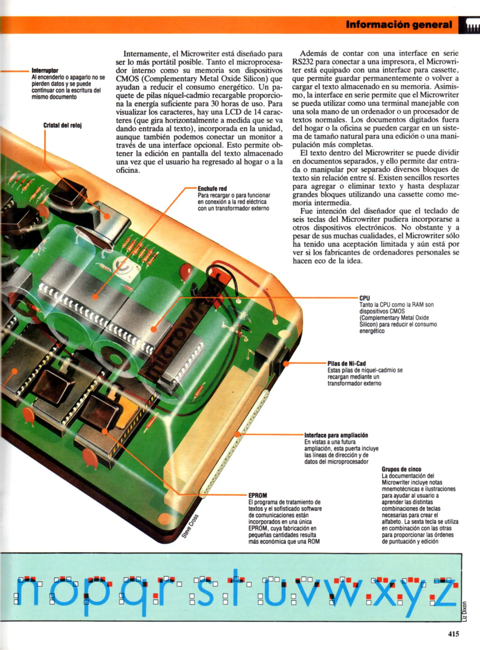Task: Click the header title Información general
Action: (399, 24)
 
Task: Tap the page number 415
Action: (454, 634)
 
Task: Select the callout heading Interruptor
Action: (45, 70)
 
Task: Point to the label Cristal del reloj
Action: (63, 125)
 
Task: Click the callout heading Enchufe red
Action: (212, 189)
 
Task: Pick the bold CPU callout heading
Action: (364, 298)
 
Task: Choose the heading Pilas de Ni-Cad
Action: (347, 364)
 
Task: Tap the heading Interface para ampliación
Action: (336, 435)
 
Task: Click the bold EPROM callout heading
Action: (258, 495)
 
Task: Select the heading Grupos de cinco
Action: (401, 469)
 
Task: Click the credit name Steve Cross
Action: (190, 526)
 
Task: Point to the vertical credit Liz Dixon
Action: (465, 611)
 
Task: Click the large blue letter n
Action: (27, 593)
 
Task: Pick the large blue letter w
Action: (346, 593)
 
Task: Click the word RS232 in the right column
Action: (303, 62)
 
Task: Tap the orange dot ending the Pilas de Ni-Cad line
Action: (286, 364)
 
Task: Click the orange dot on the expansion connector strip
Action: (237, 434)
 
